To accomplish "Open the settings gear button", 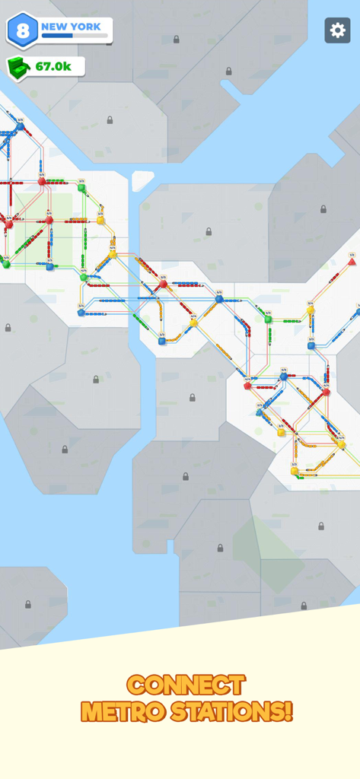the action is pos(338,30).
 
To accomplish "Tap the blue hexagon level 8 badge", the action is pos(22,30).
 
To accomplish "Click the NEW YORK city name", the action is pos(71,27).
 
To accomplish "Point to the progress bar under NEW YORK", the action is pos(74,36).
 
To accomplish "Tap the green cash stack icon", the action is pos(19,67).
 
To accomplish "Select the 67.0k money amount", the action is pos(53,67).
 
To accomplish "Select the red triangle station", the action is pos(352,262).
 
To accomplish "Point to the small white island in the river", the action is pos(142,181).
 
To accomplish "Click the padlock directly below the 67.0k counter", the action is pos(110,119).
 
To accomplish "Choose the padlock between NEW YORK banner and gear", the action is pos(176,39).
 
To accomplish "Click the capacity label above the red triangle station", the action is pos(352,255).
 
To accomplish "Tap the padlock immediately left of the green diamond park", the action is pos(220,548).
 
